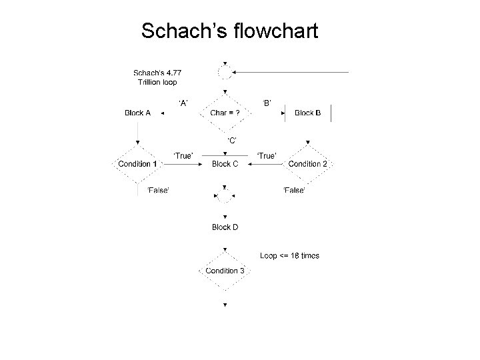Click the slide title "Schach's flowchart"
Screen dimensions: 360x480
pyautogui.click(x=231, y=31)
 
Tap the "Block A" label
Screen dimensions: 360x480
pyautogui.click(x=138, y=113)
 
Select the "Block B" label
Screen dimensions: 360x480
pyautogui.click(x=307, y=113)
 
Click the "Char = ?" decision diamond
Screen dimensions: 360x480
pyautogui.click(x=225, y=113)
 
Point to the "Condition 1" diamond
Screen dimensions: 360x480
pyautogui.click(x=137, y=164)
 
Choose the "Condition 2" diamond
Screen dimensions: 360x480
pyautogui.click(x=307, y=164)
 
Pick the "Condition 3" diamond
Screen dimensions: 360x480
pyautogui.click(x=225, y=271)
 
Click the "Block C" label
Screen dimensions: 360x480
pyautogui.click(x=225, y=164)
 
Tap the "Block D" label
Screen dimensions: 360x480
pyautogui.click(x=225, y=227)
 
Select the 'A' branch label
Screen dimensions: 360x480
pyautogui.click(x=183, y=103)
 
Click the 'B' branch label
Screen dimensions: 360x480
pyautogui.click(x=266, y=103)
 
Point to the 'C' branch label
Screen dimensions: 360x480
pyautogui.click(x=231, y=139)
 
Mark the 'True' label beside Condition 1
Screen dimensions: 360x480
pyautogui.click(x=183, y=155)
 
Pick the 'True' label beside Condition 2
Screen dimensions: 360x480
pyautogui.click(x=267, y=155)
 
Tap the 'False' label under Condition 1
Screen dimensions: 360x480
pyautogui.click(x=158, y=191)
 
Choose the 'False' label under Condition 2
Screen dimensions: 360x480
pyautogui.click(x=294, y=191)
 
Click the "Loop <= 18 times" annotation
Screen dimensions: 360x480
pyautogui.click(x=289, y=256)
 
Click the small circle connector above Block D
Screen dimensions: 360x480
pyautogui.click(x=225, y=196)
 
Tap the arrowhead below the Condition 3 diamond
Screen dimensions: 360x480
pyautogui.click(x=225, y=305)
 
